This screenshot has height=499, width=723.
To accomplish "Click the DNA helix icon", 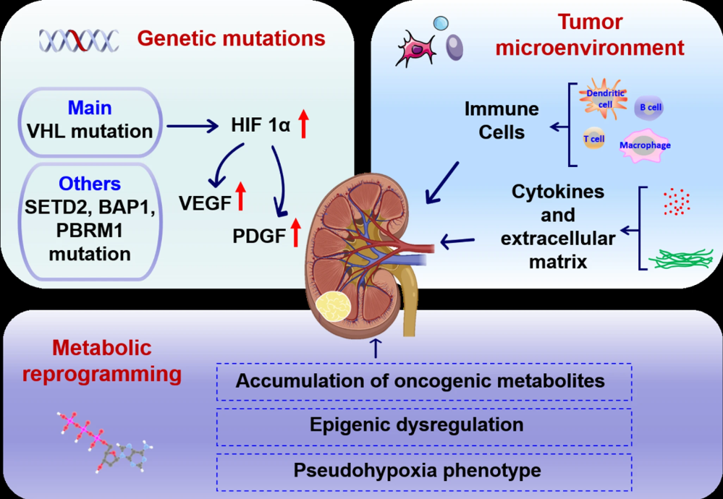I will (x=78, y=39).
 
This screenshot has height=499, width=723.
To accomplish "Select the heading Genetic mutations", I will (x=231, y=38).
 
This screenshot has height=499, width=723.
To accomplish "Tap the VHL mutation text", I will (x=90, y=132).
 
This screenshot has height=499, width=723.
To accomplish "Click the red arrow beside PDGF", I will (x=295, y=233).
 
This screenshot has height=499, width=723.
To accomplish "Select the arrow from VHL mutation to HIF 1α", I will (x=193, y=127).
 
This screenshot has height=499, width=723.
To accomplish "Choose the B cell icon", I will (x=648, y=108).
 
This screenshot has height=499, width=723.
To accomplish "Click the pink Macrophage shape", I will (x=644, y=145).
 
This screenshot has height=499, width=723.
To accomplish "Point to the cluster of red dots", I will (x=676, y=201).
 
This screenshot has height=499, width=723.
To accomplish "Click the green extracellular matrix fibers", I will (x=681, y=259).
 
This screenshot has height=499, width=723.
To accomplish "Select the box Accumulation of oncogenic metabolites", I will (x=424, y=380).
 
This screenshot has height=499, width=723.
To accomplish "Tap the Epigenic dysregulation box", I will (x=424, y=425).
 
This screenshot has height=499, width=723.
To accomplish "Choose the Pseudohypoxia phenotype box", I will (x=424, y=470).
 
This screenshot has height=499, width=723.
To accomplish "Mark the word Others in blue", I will (x=90, y=183).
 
